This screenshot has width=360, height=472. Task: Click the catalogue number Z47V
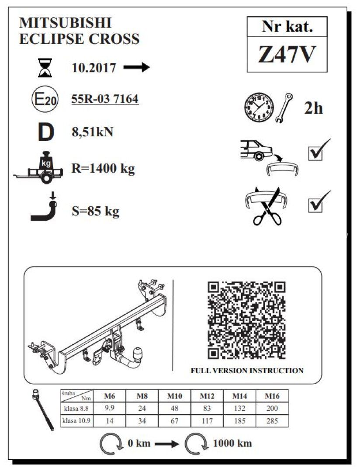tap(287, 55)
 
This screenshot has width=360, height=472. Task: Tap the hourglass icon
tap(45, 68)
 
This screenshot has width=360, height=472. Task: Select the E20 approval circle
tap(45, 99)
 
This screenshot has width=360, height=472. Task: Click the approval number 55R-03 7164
tap(105, 99)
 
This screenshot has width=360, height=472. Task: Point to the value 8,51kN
tap(93, 132)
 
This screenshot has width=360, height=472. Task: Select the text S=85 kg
tap(95, 212)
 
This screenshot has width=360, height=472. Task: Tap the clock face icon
tap(259, 108)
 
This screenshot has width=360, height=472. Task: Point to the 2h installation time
tap(313, 108)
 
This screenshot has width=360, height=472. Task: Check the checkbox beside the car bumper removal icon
tap(315, 153)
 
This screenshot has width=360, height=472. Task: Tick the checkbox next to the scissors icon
tap(315, 205)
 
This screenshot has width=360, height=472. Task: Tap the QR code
tap(246, 321)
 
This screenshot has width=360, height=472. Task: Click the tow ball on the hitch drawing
tap(138, 354)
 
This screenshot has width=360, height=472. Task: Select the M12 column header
tap(207, 396)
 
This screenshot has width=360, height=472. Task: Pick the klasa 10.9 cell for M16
tap(272, 421)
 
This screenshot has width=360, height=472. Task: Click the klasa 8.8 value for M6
tap(110, 409)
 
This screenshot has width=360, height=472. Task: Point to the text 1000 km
tap(232, 443)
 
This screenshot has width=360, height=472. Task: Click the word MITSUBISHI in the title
tap(66, 23)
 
